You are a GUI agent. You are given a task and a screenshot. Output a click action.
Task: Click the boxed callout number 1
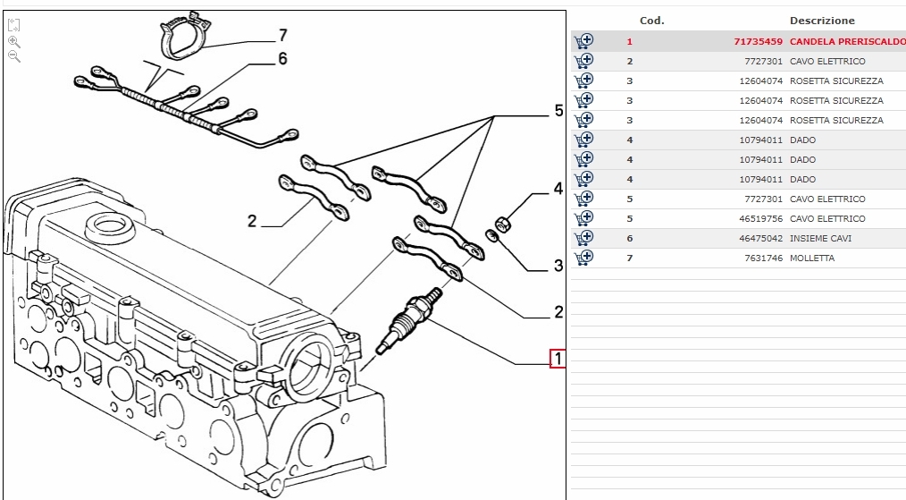[x=558, y=359]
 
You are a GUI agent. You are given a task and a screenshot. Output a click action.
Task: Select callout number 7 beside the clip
[x=282, y=35]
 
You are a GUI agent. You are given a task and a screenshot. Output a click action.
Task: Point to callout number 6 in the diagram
[x=282, y=59]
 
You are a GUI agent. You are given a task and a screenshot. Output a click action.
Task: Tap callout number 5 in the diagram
[x=558, y=111]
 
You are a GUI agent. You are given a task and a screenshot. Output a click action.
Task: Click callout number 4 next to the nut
[x=558, y=189]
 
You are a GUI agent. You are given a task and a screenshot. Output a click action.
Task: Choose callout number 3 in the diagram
[x=558, y=265]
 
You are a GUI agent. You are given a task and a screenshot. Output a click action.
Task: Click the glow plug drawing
[x=411, y=320]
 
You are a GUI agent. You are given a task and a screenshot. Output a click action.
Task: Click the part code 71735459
[x=757, y=42]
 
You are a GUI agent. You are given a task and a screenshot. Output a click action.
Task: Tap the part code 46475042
[x=760, y=239]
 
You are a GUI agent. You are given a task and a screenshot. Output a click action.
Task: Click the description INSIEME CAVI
[x=820, y=239]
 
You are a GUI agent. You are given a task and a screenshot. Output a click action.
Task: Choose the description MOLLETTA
[x=811, y=258]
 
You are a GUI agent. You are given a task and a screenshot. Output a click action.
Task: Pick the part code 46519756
[x=760, y=219]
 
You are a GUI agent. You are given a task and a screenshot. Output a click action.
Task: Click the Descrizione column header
[x=822, y=21]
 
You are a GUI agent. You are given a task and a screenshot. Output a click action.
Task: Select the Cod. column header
[x=651, y=21]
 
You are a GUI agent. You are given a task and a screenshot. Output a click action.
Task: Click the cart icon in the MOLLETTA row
[x=584, y=258]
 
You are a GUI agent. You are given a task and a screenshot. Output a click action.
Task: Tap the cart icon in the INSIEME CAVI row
[x=584, y=238]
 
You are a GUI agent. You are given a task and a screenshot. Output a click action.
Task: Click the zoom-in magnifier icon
[x=13, y=41]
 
